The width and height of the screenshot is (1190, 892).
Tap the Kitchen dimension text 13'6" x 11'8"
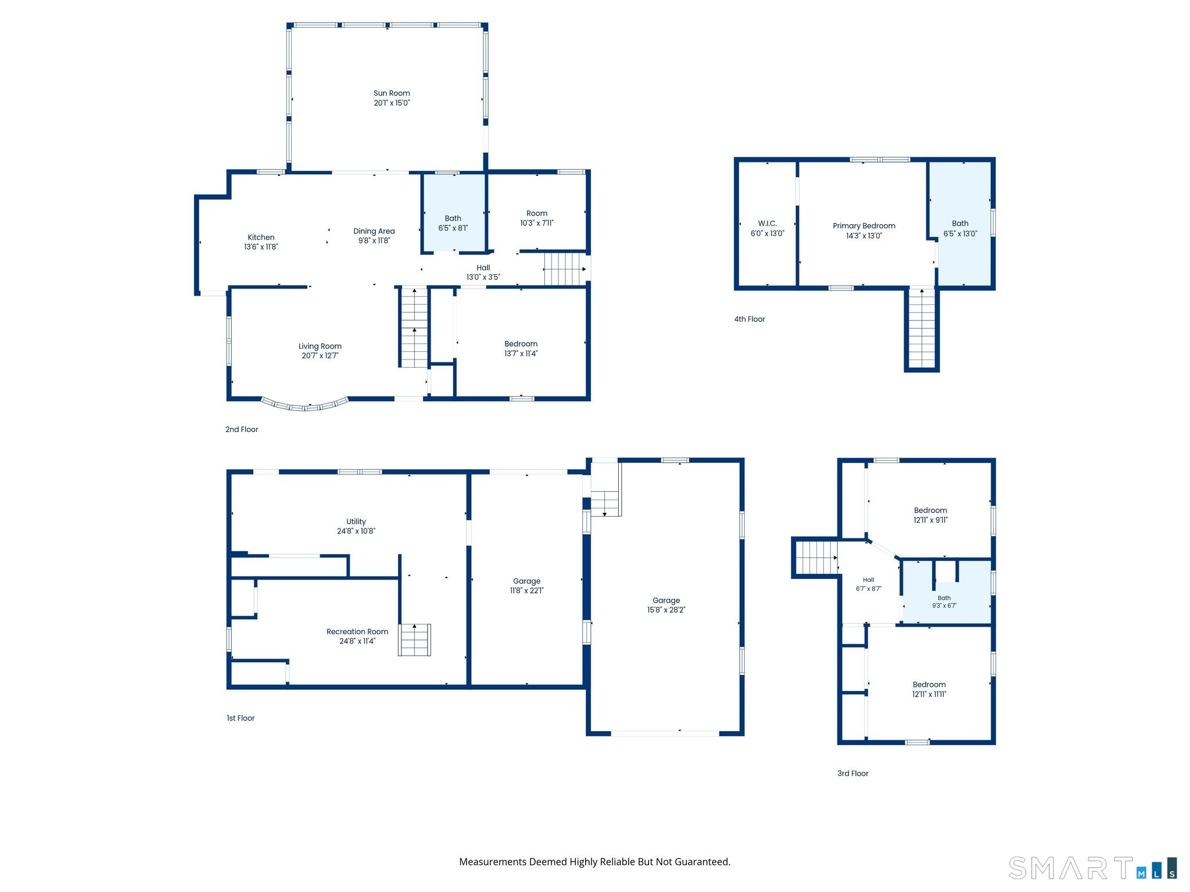tap(261, 247)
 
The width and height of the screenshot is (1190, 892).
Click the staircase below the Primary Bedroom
tap(922, 328)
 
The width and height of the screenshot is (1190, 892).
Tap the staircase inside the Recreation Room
tap(414, 640)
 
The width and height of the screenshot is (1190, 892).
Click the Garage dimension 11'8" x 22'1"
tap(527, 591)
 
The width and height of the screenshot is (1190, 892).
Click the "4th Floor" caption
tap(750, 319)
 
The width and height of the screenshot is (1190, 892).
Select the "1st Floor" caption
tap(241, 718)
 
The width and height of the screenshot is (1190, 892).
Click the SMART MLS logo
tap(1093, 868)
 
